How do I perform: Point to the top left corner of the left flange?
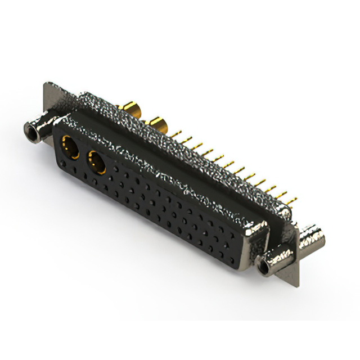coord(44,84)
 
